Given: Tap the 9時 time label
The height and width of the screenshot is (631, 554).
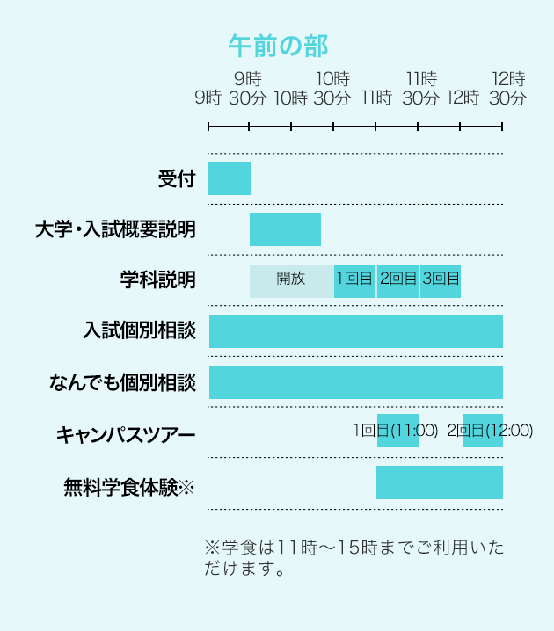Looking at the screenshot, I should (x=208, y=98).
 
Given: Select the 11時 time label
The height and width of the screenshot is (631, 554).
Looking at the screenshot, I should (x=376, y=98).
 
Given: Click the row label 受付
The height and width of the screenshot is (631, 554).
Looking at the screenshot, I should (x=176, y=179).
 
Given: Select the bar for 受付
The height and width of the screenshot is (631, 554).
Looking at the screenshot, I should (x=230, y=178).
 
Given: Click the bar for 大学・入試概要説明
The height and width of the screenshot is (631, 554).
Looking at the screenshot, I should (x=285, y=229).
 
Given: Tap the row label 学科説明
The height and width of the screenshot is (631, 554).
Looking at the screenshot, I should (x=158, y=280).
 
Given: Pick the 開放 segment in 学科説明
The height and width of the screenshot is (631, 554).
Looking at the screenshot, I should (x=291, y=279).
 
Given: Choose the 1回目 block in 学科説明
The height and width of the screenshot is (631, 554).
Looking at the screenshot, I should (x=354, y=279).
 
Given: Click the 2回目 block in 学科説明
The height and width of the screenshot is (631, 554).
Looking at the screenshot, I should (x=397, y=279).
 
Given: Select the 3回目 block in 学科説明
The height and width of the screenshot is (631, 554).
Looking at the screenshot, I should (x=441, y=279).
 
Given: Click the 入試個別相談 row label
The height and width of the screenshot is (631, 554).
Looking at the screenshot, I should (x=138, y=331).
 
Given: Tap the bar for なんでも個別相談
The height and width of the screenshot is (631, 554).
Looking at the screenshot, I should (x=355, y=382).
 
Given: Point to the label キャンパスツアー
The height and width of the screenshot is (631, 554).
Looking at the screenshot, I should (x=126, y=433).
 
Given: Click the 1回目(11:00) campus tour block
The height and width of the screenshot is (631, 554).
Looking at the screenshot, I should (x=397, y=432).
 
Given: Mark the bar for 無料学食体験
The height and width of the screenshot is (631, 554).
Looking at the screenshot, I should (x=440, y=482).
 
